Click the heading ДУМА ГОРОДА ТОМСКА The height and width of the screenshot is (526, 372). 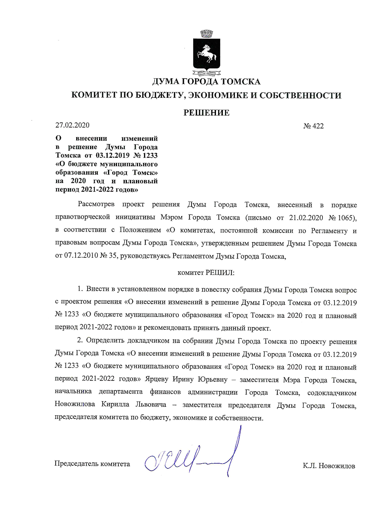coord(206,82)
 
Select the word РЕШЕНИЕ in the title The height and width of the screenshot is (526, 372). coord(206,113)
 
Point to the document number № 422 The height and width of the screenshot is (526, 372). coord(313,126)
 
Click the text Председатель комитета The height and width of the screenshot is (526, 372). coord(92,464)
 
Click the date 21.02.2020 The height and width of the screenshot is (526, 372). coord(306,218)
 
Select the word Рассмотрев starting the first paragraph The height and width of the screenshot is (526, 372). coord(96,205)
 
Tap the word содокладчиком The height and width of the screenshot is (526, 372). coord(332,393)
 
